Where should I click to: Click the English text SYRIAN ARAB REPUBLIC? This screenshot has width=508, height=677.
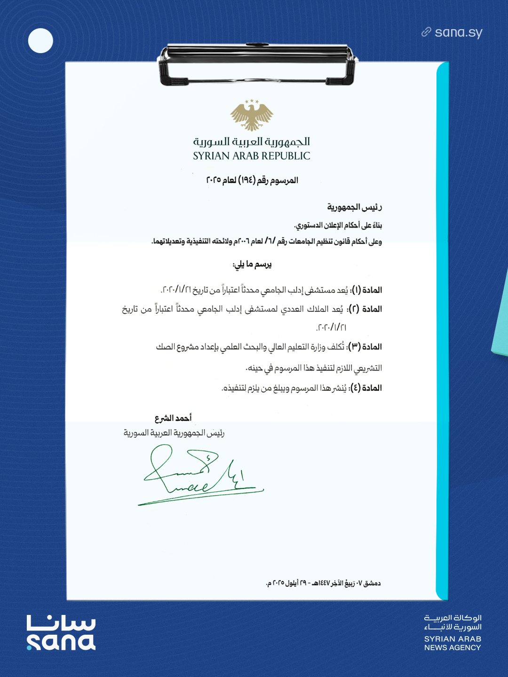pos(252,156)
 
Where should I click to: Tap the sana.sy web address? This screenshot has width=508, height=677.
pos(459,32)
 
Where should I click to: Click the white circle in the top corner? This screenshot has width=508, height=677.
pos(40,41)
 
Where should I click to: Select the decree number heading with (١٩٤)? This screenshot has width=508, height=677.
pos(252,181)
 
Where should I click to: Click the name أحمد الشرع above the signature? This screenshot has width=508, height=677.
pos(173,418)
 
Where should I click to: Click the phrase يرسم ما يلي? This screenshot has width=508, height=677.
pos(252,265)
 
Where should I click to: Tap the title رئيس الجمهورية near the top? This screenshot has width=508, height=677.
pos(355,207)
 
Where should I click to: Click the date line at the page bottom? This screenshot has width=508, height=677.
pos(323,583)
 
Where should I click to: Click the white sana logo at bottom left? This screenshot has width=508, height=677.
pos(61,633)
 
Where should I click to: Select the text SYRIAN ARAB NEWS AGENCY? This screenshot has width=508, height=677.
pos(452,643)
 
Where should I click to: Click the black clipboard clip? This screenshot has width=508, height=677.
pos(257,64)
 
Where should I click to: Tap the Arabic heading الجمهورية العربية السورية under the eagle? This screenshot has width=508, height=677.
pos(252,142)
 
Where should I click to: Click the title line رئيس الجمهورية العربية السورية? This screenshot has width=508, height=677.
pos(174,433)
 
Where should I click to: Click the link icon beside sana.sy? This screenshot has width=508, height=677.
pos(426,32)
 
